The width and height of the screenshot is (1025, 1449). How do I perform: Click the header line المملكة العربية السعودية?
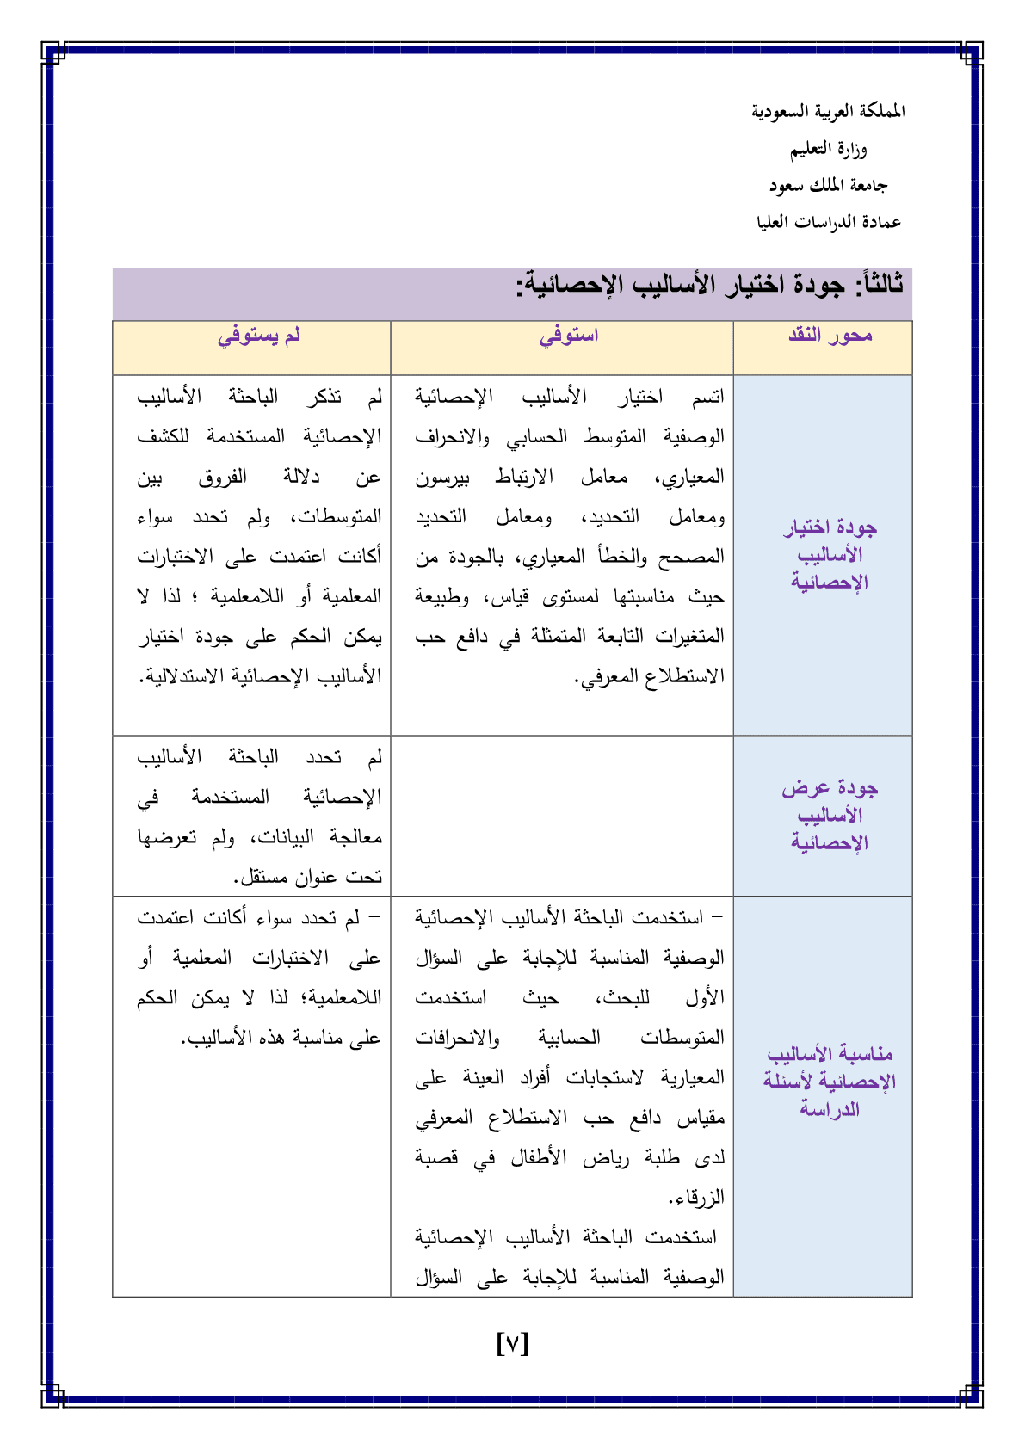point(828,112)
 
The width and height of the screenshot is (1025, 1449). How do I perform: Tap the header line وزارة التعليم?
point(828,150)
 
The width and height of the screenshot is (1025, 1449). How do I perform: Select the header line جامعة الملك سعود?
point(828,186)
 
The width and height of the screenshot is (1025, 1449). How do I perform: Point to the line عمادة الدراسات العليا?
point(828,222)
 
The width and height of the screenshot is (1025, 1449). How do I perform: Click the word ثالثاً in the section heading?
point(877,285)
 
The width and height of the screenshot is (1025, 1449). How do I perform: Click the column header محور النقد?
point(830,336)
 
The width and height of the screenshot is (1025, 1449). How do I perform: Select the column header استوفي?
point(568,336)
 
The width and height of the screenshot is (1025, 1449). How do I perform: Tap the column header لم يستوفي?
point(258,336)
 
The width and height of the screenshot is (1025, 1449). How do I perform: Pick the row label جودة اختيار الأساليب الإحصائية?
point(830,555)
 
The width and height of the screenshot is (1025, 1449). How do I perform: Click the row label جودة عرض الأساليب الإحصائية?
point(830,815)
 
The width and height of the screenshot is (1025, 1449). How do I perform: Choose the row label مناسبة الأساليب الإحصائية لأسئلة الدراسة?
point(830,1082)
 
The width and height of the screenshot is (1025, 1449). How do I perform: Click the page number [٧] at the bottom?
point(512,1343)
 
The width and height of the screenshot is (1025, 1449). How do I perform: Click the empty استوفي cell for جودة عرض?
point(561,816)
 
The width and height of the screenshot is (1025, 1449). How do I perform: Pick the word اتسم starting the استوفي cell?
point(707,397)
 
